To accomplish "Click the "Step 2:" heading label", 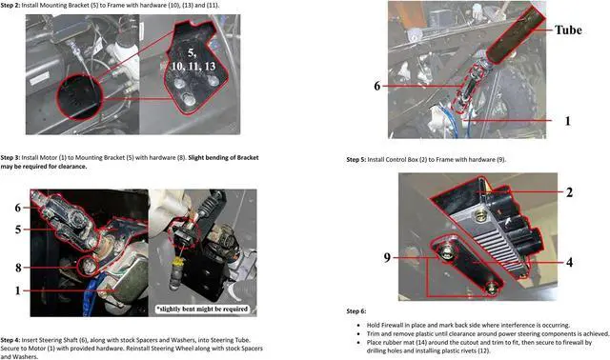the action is [10, 6].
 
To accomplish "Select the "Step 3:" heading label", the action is [10, 157].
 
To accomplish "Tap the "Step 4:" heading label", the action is [10, 340].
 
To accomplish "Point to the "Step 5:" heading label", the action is [356, 159].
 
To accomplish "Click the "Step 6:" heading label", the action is [356, 311].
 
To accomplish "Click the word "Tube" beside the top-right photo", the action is [568, 30].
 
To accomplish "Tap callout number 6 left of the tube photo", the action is [377, 86].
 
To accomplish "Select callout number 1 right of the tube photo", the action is [568, 121].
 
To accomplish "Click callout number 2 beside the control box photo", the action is [569, 192].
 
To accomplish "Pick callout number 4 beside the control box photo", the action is [569, 262].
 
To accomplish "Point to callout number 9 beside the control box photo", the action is [387, 257].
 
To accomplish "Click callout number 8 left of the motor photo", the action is [18, 268].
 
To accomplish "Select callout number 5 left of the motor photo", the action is [18, 230].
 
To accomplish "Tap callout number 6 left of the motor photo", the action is [18, 208].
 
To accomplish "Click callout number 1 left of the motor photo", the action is [17, 290].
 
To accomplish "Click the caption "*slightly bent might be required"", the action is [202, 310].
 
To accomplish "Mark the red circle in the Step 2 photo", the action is [57, 98].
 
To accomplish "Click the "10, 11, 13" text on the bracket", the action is [193, 67].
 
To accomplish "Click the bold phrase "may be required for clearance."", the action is [44, 167].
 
